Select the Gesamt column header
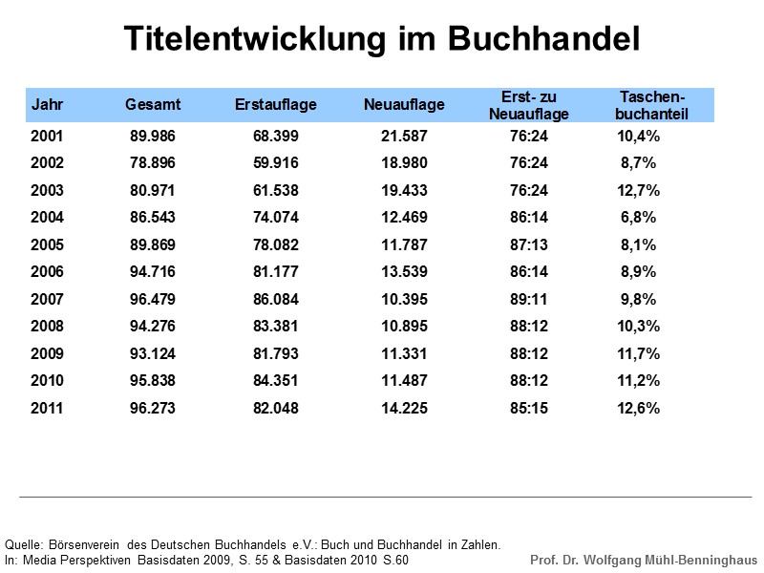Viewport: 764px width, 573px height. pos(153,104)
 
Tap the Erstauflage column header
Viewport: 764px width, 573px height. pos(276,104)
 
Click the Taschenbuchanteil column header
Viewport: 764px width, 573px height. pos(652,105)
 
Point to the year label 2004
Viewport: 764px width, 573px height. pos(47,218)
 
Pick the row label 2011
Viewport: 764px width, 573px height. pos(47,408)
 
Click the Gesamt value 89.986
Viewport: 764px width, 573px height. pos(153,137)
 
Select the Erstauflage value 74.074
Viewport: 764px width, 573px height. pos(276,218)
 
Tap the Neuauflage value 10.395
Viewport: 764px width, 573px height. pos(404,299)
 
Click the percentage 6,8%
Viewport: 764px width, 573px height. pos(638,218)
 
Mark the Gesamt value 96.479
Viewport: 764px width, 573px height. pos(153,299)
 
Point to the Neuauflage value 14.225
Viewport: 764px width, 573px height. pos(404,408)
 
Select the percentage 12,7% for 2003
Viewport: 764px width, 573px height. pos(638,191)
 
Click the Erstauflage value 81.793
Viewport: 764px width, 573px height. pos(276,353)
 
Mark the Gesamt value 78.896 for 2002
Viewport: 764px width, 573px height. pos(153,163)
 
